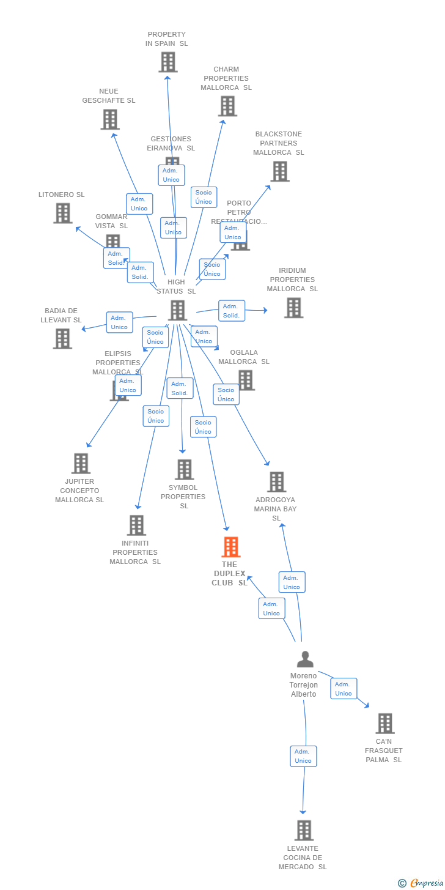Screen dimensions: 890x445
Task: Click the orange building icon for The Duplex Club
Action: click(230, 547)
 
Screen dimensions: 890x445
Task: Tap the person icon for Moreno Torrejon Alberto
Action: click(305, 659)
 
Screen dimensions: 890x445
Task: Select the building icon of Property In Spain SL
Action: click(168, 62)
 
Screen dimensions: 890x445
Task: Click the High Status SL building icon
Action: click(177, 310)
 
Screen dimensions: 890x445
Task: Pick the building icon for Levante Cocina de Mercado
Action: click(304, 831)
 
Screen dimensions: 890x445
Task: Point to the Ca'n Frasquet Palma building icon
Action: click(384, 724)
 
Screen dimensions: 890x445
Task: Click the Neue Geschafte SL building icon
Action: click(110, 119)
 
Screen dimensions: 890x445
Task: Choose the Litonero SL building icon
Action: click(62, 213)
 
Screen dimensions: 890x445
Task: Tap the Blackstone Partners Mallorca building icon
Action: click(280, 171)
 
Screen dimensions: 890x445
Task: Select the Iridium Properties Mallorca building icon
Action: click(293, 308)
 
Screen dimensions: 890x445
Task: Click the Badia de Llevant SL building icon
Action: click(62, 338)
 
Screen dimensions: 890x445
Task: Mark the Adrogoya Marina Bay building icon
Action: click(276, 482)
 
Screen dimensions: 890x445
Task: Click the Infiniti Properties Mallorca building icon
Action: click(136, 525)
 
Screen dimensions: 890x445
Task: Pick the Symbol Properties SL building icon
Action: click(184, 470)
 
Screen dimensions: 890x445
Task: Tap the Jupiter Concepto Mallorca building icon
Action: click(81, 464)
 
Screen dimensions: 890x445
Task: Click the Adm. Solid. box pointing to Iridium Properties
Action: click(232, 311)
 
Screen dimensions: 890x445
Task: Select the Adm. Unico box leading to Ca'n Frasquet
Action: click(344, 689)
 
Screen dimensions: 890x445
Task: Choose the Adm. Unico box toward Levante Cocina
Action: click(303, 756)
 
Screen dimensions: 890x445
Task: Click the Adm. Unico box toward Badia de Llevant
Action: click(119, 322)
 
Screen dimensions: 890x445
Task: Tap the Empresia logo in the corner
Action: click(426, 883)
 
